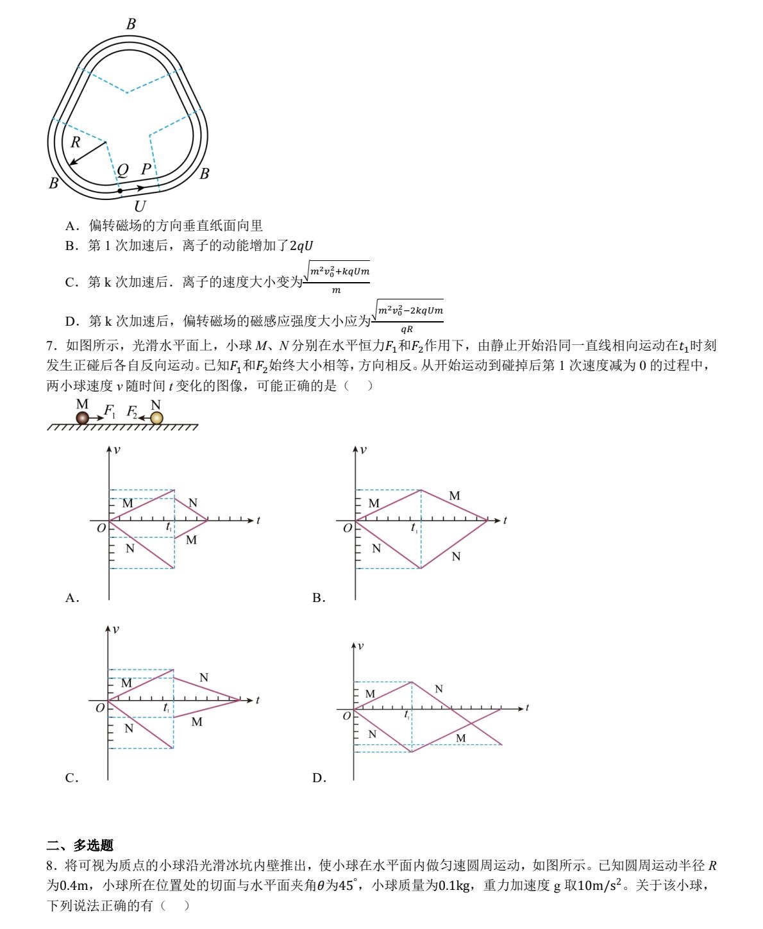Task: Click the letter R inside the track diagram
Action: pos(76,142)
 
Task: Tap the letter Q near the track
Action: pos(122,169)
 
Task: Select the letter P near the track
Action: pos(146,169)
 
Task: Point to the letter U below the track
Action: pos(140,206)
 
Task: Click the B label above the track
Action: pos(131,24)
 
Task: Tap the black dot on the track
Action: pos(120,190)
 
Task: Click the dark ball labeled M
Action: pos(82,418)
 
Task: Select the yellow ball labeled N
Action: pos(156,418)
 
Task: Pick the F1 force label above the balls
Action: pos(110,410)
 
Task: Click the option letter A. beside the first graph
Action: pos(72,598)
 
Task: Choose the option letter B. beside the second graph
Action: pos(319,598)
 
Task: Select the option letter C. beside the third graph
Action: pos(72,778)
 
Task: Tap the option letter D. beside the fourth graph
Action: pos(319,778)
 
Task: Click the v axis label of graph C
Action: pos(115,630)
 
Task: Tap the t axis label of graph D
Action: pos(527,708)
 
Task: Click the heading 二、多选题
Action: pos(80,846)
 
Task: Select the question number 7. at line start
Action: pos(53,346)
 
